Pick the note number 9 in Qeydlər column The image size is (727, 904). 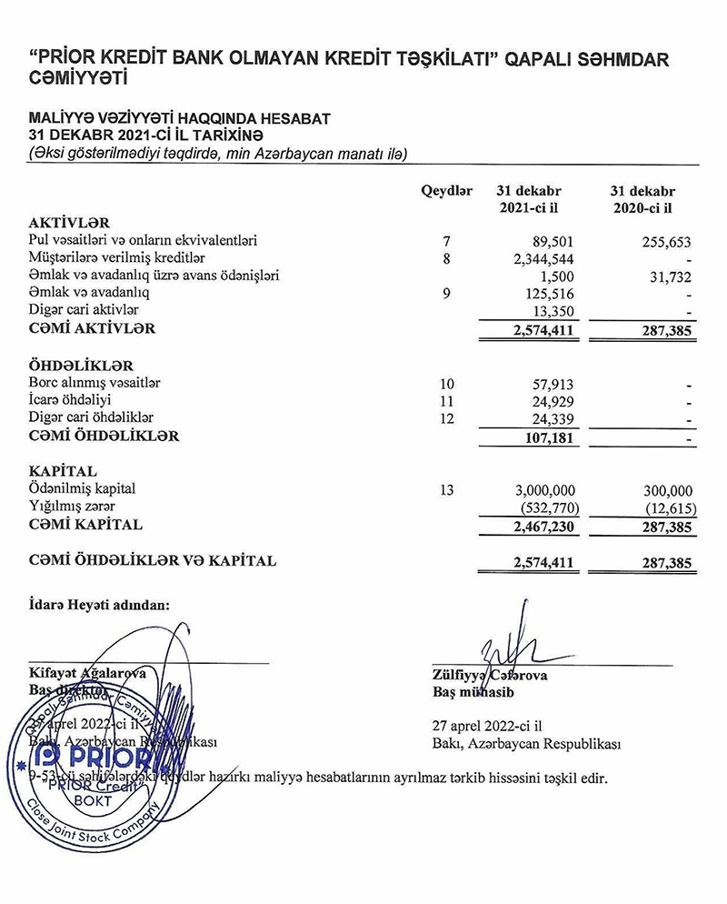[445, 294]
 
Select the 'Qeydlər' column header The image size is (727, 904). [445, 192]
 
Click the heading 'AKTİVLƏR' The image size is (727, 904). [69, 223]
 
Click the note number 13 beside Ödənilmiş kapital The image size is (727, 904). [445, 489]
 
